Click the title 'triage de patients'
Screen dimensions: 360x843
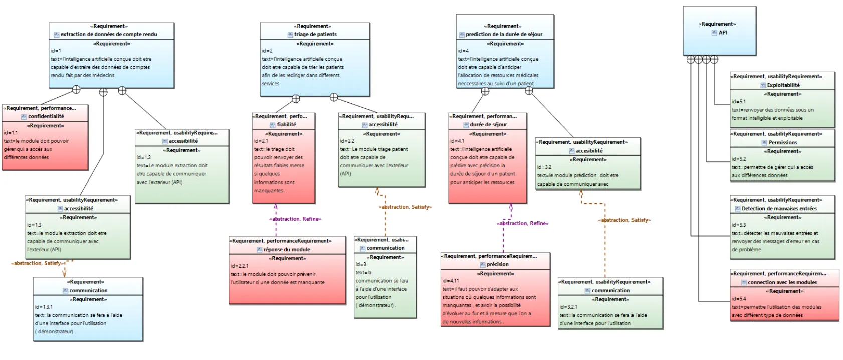pyautogui.click(x=315, y=34)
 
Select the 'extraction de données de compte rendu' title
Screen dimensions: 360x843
pyautogui.click(x=109, y=34)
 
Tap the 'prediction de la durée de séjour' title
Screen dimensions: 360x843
pyautogui.click(x=504, y=34)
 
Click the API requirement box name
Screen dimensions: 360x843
pyautogui.click(x=723, y=32)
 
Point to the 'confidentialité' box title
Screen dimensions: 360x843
pyautogui.click(x=46, y=116)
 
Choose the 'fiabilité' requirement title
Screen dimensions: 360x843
pyautogui.click(x=286, y=124)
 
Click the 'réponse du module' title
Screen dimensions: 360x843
pyautogui.click(x=287, y=249)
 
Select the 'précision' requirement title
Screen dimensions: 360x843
pyautogui.click(x=497, y=264)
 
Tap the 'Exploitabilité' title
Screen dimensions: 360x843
pyautogui.click(x=783, y=85)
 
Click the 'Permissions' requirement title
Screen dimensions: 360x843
pyautogui.click(x=783, y=142)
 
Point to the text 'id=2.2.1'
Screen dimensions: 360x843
pyautogui.click(x=239, y=266)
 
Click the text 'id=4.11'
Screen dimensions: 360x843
pyautogui.click(x=450, y=281)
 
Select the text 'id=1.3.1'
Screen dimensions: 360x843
pyautogui.click(x=44, y=307)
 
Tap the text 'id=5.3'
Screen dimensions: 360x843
pyautogui.click(x=738, y=225)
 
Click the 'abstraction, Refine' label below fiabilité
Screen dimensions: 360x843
pyautogui.click(x=295, y=219)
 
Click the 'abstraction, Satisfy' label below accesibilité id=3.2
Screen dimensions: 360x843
pyautogui.click(x=624, y=220)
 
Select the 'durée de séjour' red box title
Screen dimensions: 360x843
pyautogui.click(x=488, y=124)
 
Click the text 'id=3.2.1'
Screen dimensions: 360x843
pyautogui.click(x=568, y=307)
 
